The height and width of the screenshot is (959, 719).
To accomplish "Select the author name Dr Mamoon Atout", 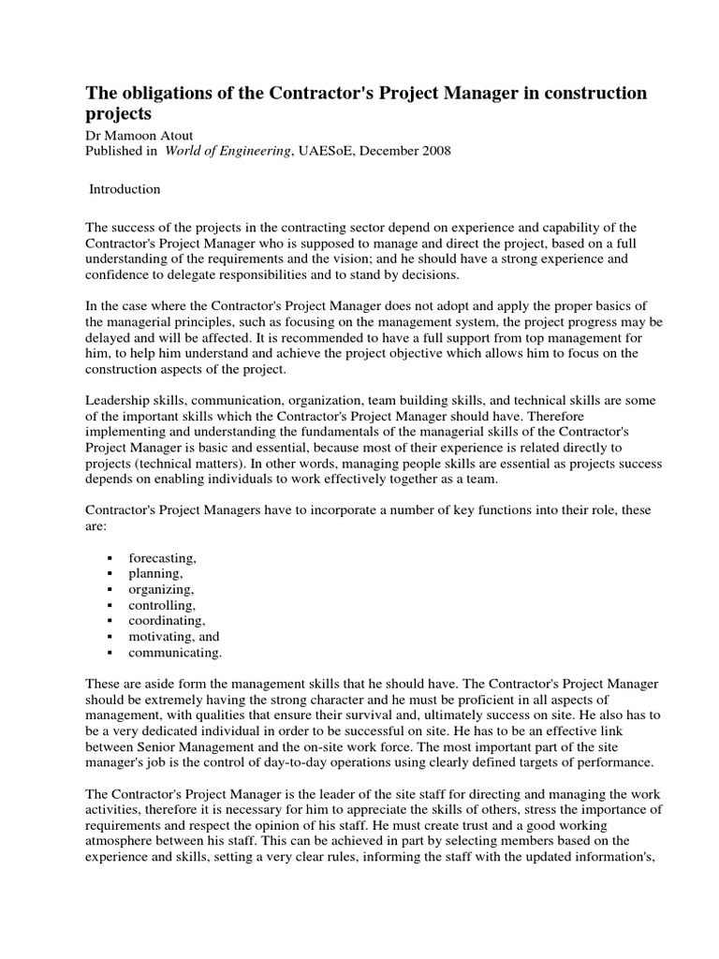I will (138, 135).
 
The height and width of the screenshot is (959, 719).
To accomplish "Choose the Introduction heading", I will (125, 189).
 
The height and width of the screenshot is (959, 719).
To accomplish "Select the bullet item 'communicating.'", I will (175, 653).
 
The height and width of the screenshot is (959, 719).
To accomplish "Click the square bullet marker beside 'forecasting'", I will (110, 558).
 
